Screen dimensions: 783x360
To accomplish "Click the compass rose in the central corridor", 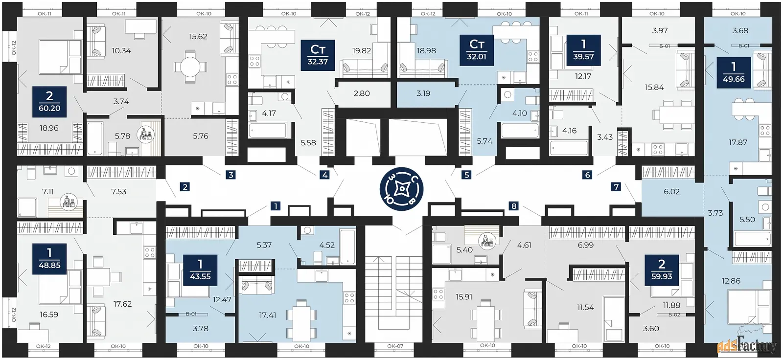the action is (x=402, y=189).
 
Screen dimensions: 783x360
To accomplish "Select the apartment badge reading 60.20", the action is (x=49, y=102).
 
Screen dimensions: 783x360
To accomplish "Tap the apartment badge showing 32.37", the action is (x=318, y=55).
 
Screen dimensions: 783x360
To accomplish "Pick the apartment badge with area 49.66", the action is (x=734, y=73).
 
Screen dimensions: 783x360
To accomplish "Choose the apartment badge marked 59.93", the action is (x=662, y=270).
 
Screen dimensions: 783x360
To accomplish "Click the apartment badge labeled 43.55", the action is (x=200, y=270).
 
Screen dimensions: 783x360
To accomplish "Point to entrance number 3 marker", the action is (x=230, y=175).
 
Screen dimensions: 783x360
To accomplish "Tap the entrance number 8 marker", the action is (x=514, y=206).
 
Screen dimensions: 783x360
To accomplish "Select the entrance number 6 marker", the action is (x=587, y=175).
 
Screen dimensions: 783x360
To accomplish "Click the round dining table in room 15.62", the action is (x=190, y=67).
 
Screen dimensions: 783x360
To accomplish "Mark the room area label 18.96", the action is (x=49, y=128).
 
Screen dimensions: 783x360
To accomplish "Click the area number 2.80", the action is (x=362, y=94).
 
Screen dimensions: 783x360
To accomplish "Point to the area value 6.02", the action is (x=671, y=192).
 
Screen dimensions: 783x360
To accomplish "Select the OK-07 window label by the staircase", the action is (x=395, y=346).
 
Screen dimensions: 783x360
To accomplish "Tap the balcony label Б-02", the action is (x=674, y=315).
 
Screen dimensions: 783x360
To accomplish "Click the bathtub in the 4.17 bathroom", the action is (x=268, y=130).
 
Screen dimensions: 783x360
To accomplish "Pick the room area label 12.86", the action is (x=731, y=281).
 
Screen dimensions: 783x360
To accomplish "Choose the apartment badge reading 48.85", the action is (x=49, y=259).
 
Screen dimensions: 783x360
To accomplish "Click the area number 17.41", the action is (x=267, y=315).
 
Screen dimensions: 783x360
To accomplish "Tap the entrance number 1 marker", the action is (x=276, y=206).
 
